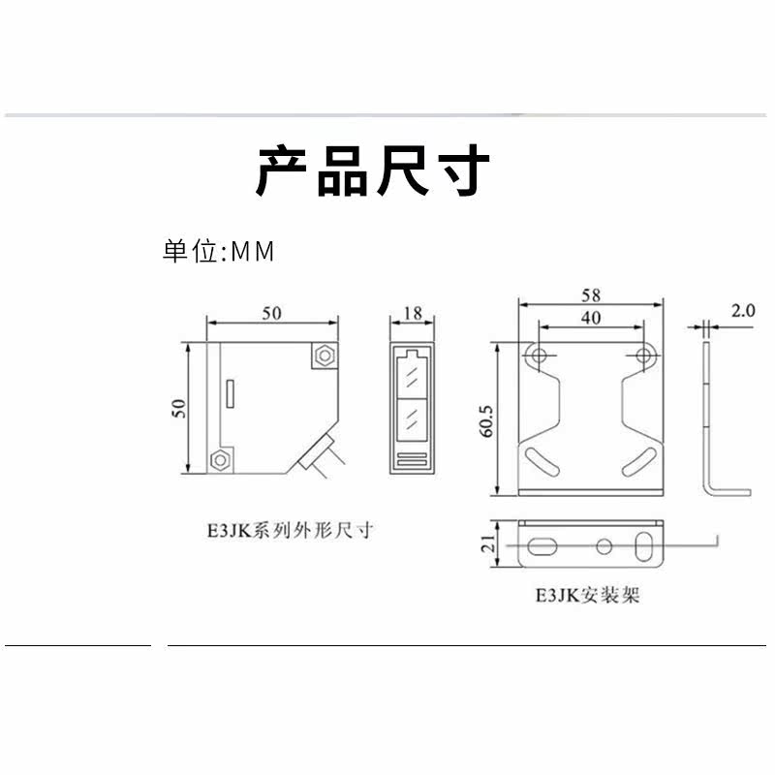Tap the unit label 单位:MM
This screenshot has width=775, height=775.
click(219, 252)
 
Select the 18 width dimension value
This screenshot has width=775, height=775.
click(412, 313)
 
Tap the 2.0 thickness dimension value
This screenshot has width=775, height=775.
click(743, 312)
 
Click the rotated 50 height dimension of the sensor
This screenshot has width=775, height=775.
click(178, 407)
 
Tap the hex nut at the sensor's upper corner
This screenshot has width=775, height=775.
click(324, 356)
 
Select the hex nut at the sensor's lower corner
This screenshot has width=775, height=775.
click(222, 458)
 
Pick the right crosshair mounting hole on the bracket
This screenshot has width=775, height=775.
click(644, 356)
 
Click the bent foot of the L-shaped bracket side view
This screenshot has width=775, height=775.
click(731, 489)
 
